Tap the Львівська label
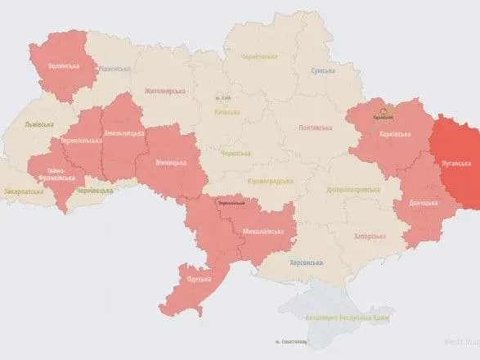(x=40, y=124)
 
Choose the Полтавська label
(x=315, y=127)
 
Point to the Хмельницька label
(x=121, y=134)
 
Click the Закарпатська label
(x=24, y=191)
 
